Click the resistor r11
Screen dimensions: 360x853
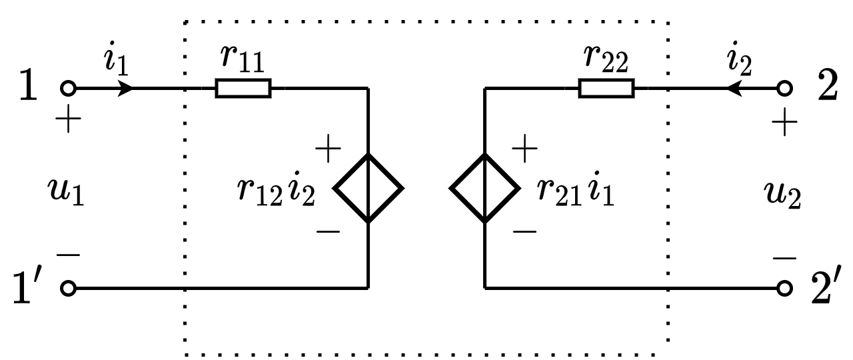(243, 88)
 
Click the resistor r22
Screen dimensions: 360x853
(606, 88)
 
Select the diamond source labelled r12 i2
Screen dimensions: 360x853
(368, 189)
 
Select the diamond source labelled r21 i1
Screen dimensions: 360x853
(484, 189)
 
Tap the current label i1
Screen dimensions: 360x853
(114, 61)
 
